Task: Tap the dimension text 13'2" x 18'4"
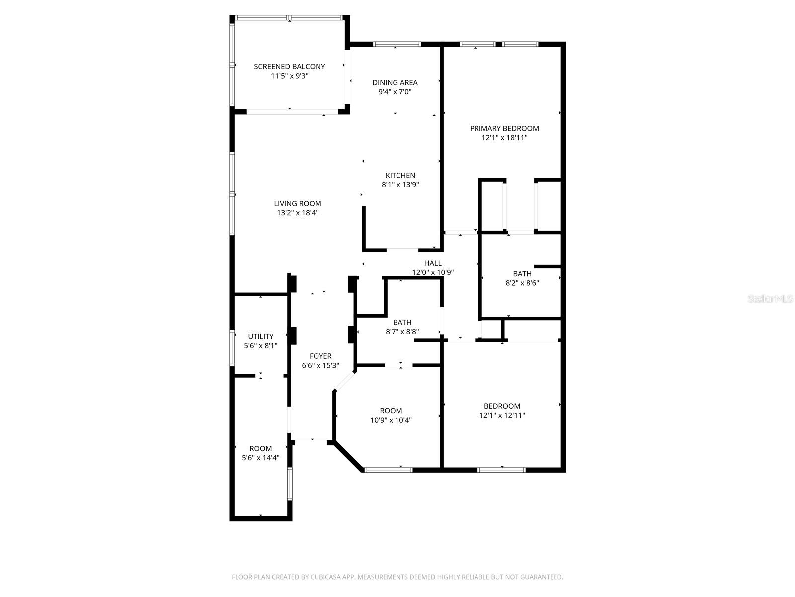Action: (x=297, y=213)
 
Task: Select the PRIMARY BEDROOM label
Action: (x=504, y=128)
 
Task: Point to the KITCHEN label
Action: (x=400, y=175)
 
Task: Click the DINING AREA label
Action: (x=395, y=82)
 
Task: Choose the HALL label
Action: (x=433, y=263)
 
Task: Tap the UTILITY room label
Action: (x=261, y=336)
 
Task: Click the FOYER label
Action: (x=320, y=356)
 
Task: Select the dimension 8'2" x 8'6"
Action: (x=522, y=283)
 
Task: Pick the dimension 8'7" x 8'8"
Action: (x=402, y=331)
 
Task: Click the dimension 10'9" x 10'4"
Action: (x=391, y=420)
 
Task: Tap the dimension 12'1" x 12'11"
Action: (x=502, y=415)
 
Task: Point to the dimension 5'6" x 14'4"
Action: (x=261, y=458)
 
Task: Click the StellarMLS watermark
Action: (x=770, y=299)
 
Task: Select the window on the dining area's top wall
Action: (x=397, y=44)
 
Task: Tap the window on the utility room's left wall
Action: (x=232, y=348)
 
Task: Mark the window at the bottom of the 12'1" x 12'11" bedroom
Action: (x=502, y=469)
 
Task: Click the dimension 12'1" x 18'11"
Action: (x=504, y=138)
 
